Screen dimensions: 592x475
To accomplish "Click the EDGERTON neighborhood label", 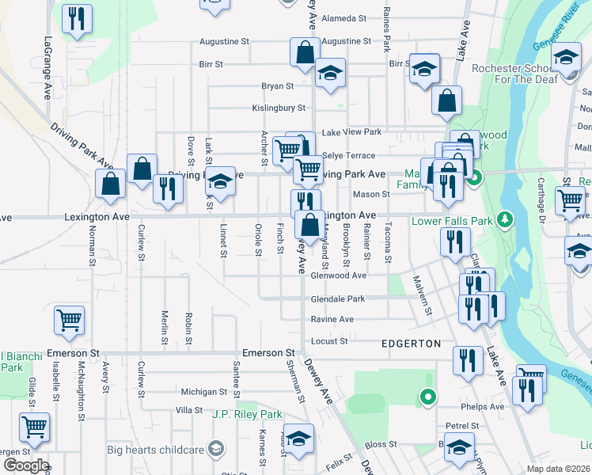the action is click(411, 344).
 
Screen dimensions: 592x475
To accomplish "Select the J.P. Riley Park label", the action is click(247, 414).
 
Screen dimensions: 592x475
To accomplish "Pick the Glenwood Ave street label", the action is click(338, 275).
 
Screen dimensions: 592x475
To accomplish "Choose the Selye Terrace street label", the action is click(348, 156).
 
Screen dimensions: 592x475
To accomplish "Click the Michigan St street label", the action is click(203, 392).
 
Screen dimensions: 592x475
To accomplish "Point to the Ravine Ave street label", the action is click(332, 320).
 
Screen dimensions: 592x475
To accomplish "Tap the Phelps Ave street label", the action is click(485, 407).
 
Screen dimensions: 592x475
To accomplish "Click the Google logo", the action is click(25, 465).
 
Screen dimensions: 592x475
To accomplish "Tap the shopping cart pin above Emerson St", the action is click(69, 320).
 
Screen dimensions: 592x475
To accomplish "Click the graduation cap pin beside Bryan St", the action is click(330, 74).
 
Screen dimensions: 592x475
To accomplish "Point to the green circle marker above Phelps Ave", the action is click(428, 397).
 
